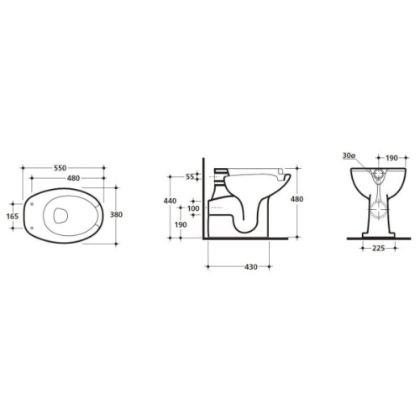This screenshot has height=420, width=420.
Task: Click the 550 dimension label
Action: (60, 168)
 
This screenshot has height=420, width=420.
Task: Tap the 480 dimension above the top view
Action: (73, 178)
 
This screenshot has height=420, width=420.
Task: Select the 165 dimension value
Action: (13, 216)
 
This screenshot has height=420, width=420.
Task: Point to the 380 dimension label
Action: (116, 214)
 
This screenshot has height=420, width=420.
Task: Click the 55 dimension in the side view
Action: (190, 176)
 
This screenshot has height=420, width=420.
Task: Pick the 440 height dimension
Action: (170, 201)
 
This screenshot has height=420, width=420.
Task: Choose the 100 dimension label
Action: (193, 208)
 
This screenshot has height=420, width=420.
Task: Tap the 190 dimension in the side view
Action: (181, 224)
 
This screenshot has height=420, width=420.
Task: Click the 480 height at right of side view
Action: (297, 199)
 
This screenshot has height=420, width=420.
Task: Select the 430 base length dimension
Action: (251, 267)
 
